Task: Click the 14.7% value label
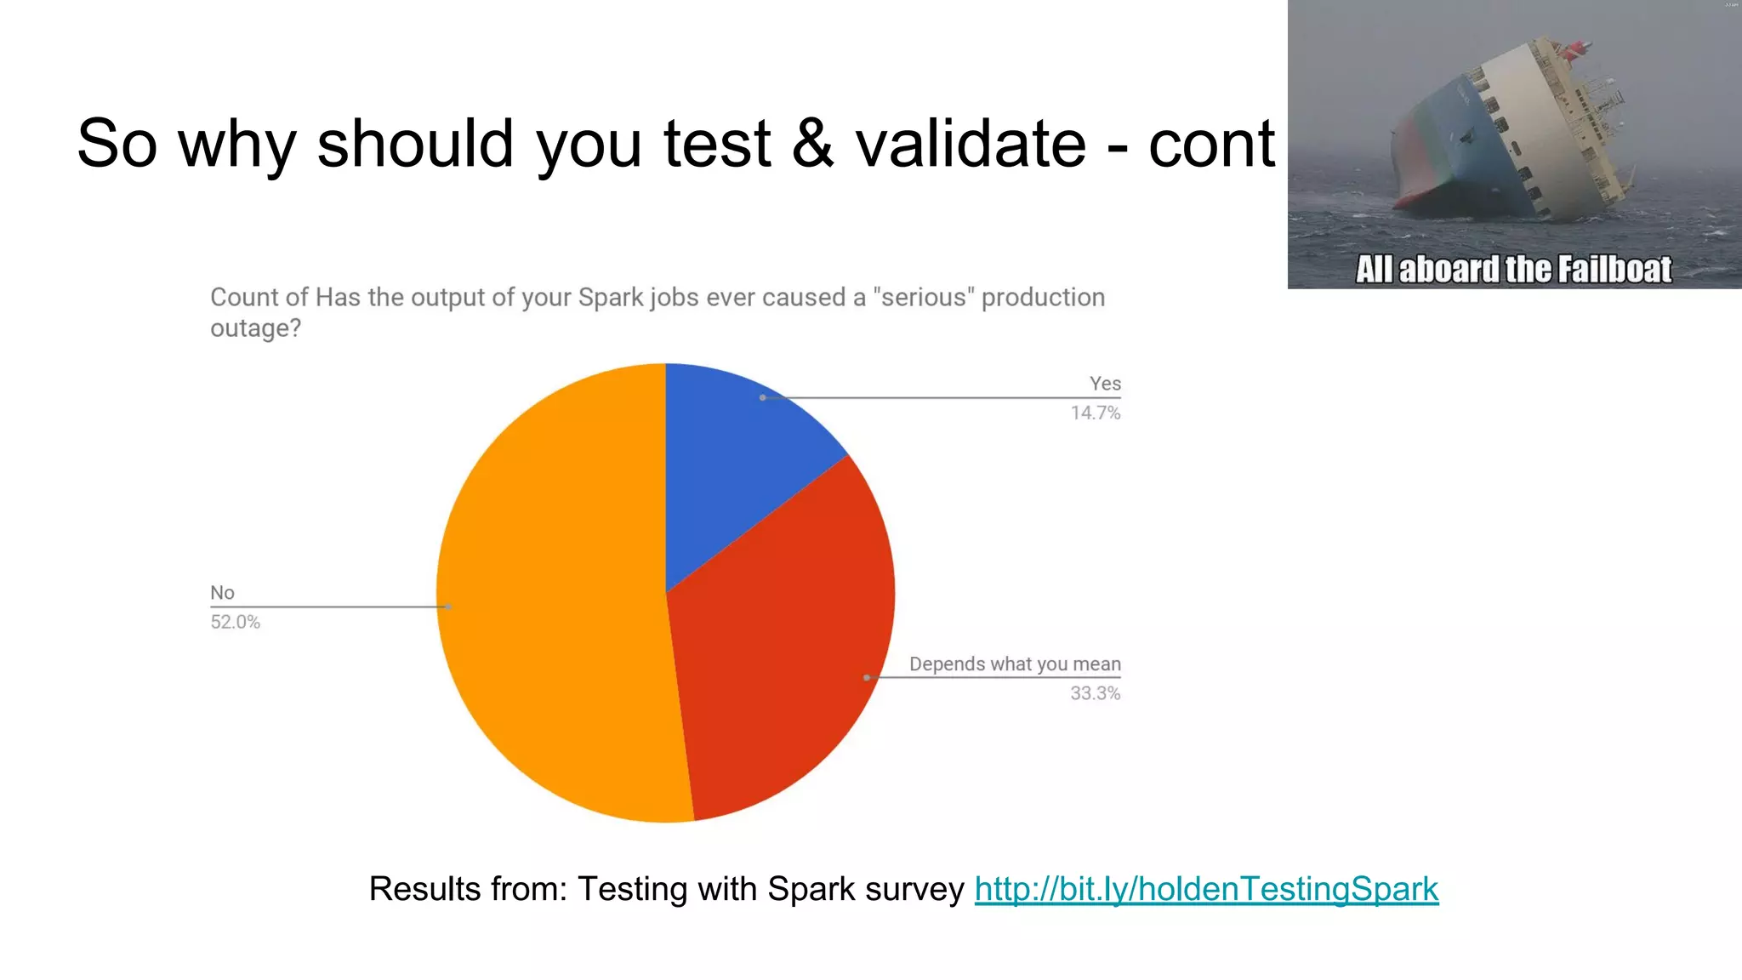pos(1095,413)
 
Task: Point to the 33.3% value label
pos(1095,693)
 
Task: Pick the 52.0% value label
pos(236,622)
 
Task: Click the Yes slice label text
pos(1105,384)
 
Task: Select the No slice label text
pos(222,593)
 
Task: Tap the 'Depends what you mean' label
pos(1015,664)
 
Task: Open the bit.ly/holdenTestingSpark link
pos(1206,889)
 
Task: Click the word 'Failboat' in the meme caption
pos(1614,270)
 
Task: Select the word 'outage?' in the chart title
pos(255,328)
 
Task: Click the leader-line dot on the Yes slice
pos(763,397)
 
